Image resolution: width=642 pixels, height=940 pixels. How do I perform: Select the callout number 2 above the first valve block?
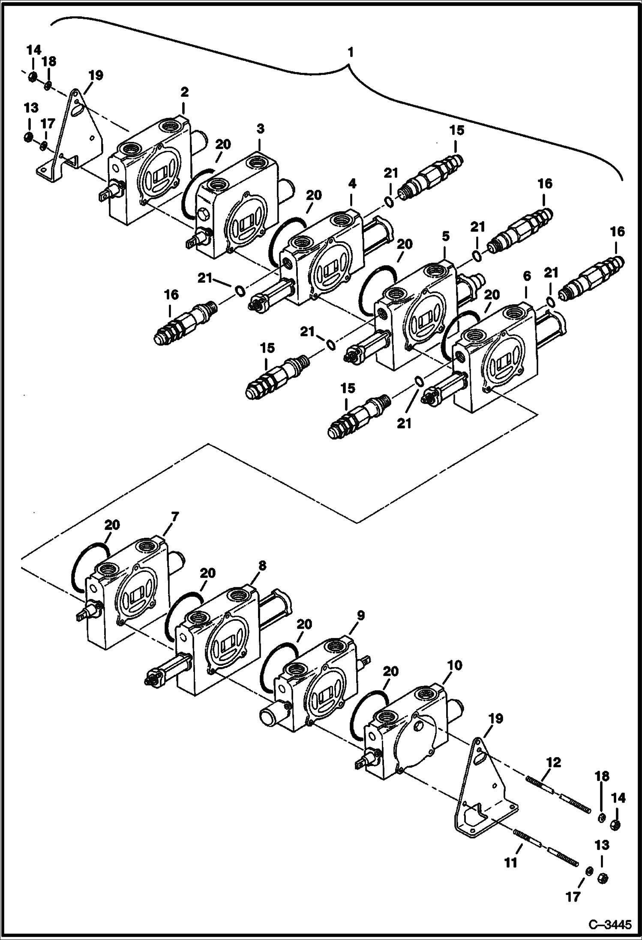tap(184, 92)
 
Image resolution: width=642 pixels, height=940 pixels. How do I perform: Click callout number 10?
tap(454, 665)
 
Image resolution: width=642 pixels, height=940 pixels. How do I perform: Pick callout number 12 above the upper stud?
tap(553, 762)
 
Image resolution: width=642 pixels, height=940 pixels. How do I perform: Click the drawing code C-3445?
tap(610, 926)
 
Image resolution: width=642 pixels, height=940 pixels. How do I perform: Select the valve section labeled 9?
tap(315, 686)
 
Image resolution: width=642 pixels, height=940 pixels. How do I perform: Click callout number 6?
tap(527, 276)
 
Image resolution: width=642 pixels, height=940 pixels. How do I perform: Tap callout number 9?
tap(360, 616)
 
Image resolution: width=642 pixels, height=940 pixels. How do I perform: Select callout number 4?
tap(351, 184)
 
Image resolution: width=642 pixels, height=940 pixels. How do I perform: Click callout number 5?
tap(445, 236)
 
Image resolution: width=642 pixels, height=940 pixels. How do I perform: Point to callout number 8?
tap(262, 566)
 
